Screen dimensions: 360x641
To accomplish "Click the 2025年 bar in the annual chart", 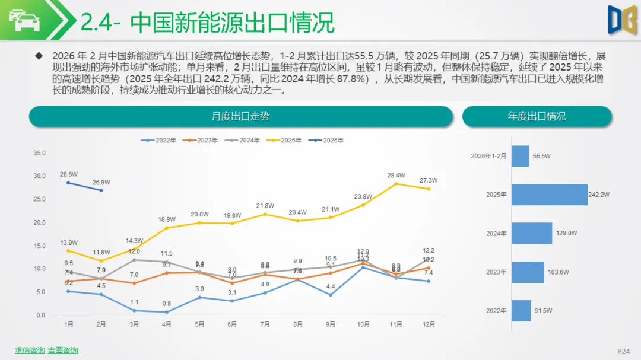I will [549, 195].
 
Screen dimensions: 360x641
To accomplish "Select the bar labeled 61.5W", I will [521, 310].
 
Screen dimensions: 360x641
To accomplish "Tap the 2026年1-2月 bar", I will [520, 156].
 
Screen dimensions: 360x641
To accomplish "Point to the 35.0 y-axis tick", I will [40, 153].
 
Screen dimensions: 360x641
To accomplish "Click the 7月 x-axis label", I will [265, 324].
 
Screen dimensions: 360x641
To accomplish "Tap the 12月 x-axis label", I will [429, 324].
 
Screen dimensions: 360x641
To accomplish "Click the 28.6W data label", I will [68, 174].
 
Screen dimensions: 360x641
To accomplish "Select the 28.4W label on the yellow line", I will [396, 175].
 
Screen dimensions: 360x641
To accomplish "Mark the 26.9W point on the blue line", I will [101, 190].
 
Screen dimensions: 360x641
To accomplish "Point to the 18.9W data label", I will [167, 219].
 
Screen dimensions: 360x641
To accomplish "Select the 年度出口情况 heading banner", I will [537, 116].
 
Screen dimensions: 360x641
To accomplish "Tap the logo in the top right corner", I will [620, 19].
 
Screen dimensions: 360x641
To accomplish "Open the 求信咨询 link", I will [30, 351].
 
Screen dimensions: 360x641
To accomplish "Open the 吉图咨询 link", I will [63, 351].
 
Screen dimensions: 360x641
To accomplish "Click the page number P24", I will [624, 351].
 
